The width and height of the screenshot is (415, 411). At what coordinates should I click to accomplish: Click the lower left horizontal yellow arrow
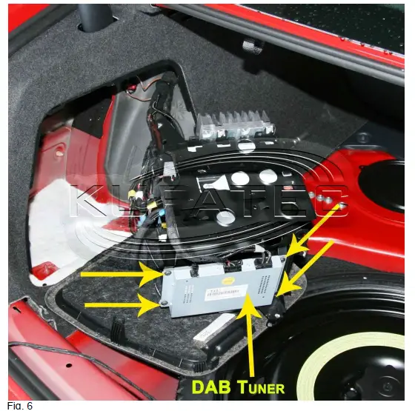(x=119, y=304)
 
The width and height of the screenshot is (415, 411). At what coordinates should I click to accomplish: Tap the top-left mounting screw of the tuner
(x=167, y=275)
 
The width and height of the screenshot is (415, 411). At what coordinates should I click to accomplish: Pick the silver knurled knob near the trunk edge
(x=253, y=46)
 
